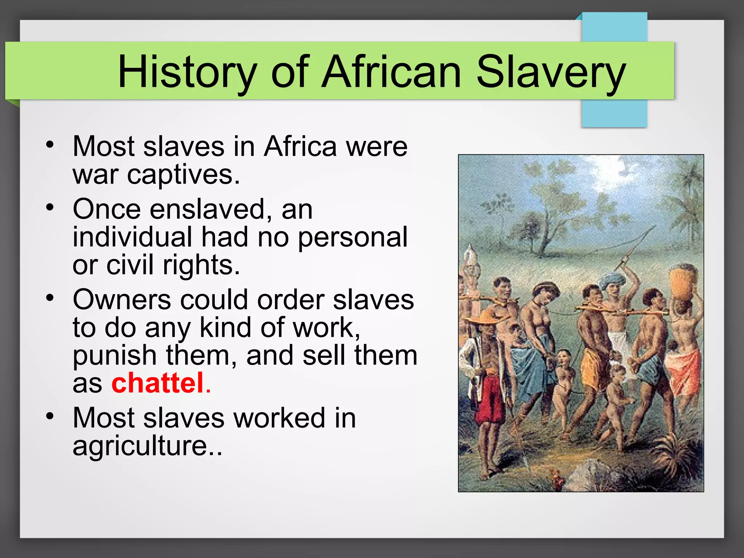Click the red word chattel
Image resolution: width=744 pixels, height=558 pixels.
[157, 383]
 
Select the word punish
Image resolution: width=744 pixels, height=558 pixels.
[114, 356]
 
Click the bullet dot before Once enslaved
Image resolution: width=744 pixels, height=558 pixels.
[50, 208]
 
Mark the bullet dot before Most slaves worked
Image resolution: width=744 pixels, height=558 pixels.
[50, 416]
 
